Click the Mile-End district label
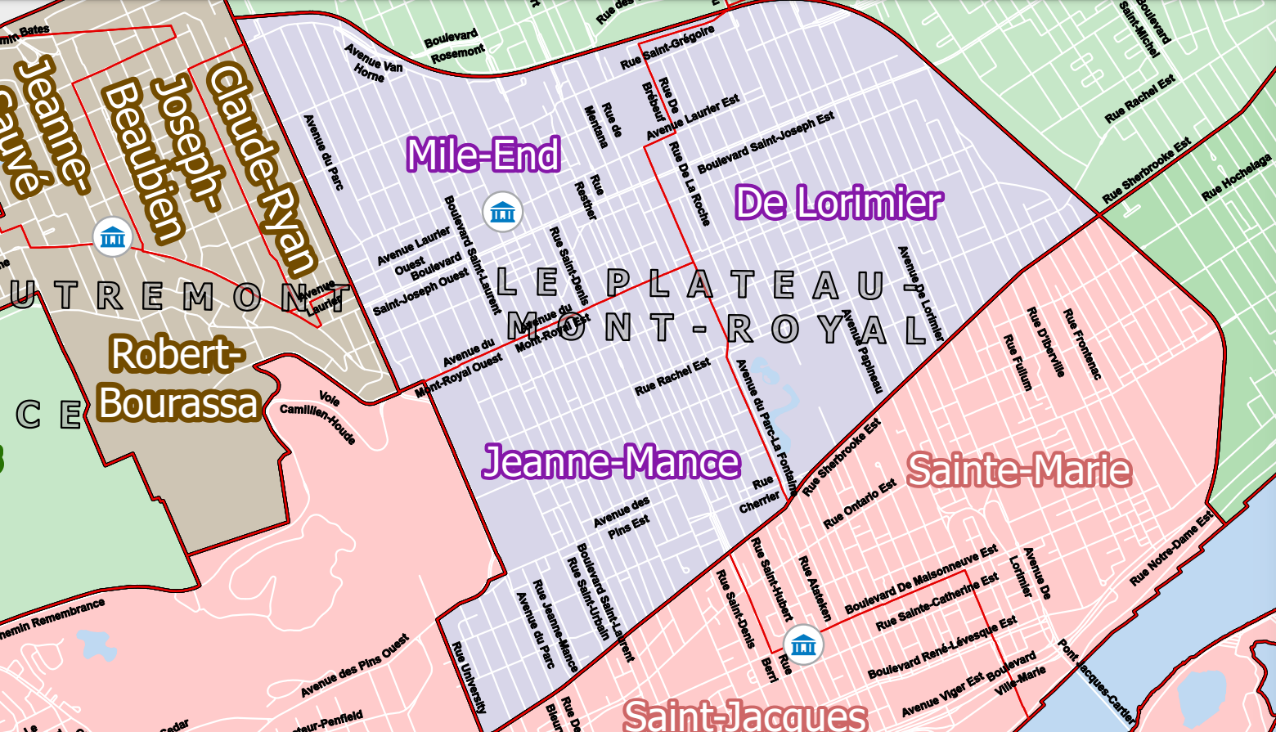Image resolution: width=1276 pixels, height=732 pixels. click(483, 155)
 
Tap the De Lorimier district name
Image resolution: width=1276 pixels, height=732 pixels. click(838, 203)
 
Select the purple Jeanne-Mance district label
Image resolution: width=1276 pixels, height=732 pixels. click(611, 462)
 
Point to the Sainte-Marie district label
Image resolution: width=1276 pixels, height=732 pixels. click(1019, 470)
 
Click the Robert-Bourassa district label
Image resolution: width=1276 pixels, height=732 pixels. click(177, 379)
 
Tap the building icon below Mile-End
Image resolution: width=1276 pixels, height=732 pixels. click(502, 213)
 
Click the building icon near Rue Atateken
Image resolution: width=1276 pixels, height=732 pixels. click(804, 644)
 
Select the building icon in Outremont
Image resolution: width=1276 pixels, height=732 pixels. click(112, 237)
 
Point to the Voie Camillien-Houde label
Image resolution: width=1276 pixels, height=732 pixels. click(318, 416)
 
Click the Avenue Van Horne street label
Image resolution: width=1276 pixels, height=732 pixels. click(373, 62)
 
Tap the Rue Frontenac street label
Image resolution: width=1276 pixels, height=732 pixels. click(1081, 344)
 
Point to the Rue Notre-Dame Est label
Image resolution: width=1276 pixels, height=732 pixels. click(1171, 549)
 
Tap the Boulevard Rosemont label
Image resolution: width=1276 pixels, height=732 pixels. click(454, 46)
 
